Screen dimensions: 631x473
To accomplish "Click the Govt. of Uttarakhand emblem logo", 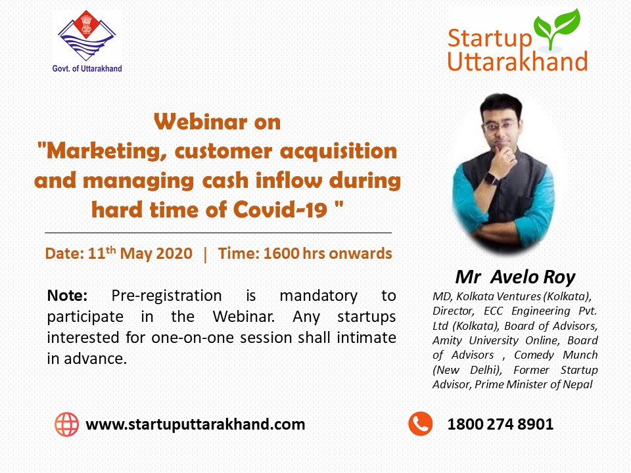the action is click(87, 35).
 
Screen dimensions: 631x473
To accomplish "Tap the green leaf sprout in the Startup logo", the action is click(557, 29).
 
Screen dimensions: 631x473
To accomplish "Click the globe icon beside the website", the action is click(67, 424).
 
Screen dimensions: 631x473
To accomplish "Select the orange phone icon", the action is click(421, 424).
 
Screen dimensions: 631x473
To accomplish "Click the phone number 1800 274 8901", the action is click(500, 424).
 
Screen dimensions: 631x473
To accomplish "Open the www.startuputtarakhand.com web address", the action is click(196, 424).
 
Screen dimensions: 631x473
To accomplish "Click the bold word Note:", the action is click(67, 296).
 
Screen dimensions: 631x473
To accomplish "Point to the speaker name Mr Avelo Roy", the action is click(515, 277).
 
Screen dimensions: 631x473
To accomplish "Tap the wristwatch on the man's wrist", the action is click(492, 178).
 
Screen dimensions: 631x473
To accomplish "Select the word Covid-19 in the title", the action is click(280, 210).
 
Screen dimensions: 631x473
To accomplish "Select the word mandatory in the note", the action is click(318, 296).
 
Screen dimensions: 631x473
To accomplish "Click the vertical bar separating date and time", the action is click(205, 254).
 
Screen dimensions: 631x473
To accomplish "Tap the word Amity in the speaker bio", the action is click(447, 341).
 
